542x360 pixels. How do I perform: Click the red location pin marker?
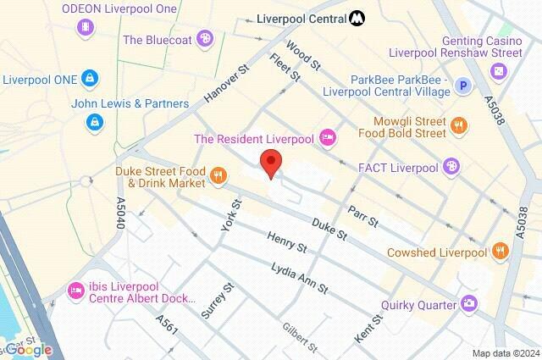point(270,162)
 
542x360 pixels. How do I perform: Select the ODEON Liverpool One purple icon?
point(85,28)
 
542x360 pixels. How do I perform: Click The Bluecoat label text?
point(158,39)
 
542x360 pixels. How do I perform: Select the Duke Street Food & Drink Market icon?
point(218,175)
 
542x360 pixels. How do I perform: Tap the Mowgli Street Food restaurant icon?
point(458,126)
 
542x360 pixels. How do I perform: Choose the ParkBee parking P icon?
point(462,85)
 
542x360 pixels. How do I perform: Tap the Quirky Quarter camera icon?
point(467,302)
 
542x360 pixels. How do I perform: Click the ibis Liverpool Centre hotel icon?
point(75,292)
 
